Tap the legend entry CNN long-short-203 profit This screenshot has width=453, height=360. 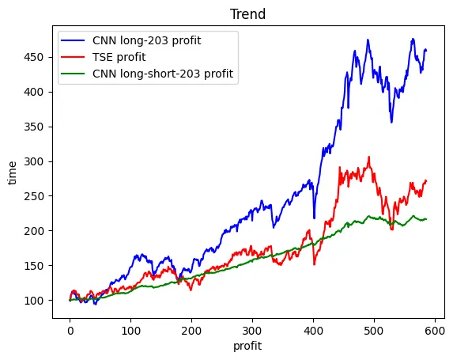point(167,74)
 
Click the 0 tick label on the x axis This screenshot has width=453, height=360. point(70,328)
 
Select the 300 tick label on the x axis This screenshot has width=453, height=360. point(252,328)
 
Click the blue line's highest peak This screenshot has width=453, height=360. point(413,39)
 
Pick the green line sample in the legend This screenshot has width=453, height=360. point(78,74)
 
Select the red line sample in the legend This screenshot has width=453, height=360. point(78,58)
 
